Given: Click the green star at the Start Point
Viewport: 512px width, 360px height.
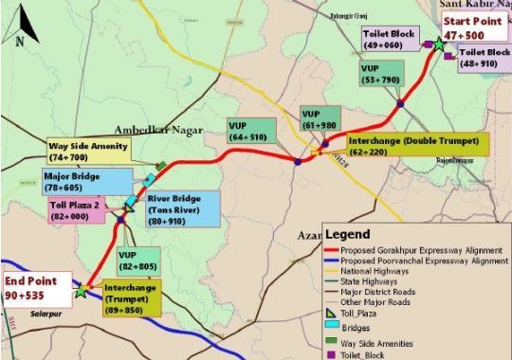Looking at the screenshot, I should click(439, 44).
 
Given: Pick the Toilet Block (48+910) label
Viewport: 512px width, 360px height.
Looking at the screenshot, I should click(485, 61).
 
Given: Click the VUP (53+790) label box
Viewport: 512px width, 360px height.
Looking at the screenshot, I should click(379, 75).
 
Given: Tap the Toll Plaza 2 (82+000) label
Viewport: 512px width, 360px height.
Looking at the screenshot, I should click(77, 210).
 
